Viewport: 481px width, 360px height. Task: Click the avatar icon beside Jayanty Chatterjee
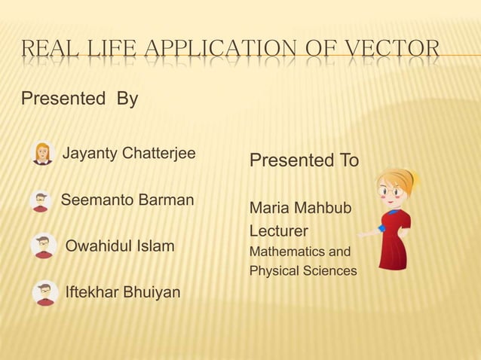42,154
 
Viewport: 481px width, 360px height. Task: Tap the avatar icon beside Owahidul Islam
44,246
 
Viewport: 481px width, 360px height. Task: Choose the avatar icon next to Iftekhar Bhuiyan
45,291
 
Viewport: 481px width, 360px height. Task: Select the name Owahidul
100,246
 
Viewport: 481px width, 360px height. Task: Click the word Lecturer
280,229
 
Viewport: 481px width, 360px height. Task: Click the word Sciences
328,270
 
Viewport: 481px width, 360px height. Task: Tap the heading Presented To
304,161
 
